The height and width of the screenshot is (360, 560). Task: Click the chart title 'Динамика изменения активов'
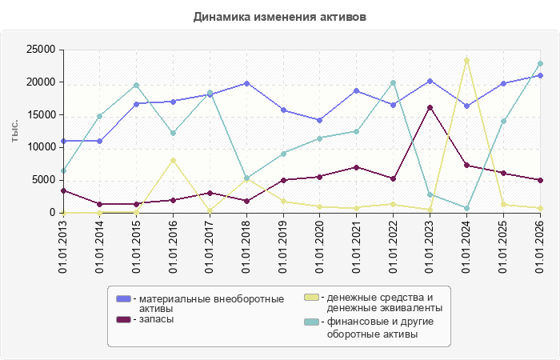280,17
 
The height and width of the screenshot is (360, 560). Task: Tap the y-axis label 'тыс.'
14,131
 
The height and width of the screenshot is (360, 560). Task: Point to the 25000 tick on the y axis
41,50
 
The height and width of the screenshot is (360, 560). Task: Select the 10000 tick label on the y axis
41,147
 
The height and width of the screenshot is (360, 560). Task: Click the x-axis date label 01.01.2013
63,246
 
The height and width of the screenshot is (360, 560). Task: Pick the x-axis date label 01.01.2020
320,246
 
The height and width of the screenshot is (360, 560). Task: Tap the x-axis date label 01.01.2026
540,246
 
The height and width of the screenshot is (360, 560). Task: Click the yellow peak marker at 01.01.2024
466,60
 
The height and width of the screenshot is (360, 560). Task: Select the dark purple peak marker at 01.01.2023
430,107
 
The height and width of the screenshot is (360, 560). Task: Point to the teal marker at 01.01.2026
540,63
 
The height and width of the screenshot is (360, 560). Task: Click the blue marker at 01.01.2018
246,83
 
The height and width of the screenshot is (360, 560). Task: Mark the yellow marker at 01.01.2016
174,160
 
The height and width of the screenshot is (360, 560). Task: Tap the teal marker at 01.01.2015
137,86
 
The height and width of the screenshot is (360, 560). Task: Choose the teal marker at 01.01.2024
466,208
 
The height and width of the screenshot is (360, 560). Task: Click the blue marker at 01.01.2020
320,120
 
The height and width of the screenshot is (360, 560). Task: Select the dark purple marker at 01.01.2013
63,190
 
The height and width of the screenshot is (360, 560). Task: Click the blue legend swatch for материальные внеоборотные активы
123,298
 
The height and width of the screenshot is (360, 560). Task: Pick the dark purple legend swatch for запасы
123,319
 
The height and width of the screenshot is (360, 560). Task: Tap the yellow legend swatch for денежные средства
311,297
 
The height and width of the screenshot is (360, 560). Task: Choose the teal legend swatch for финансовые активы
311,322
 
